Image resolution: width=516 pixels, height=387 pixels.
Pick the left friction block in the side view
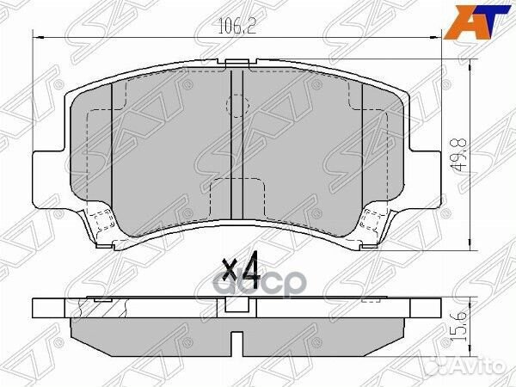[x=146, y=330]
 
